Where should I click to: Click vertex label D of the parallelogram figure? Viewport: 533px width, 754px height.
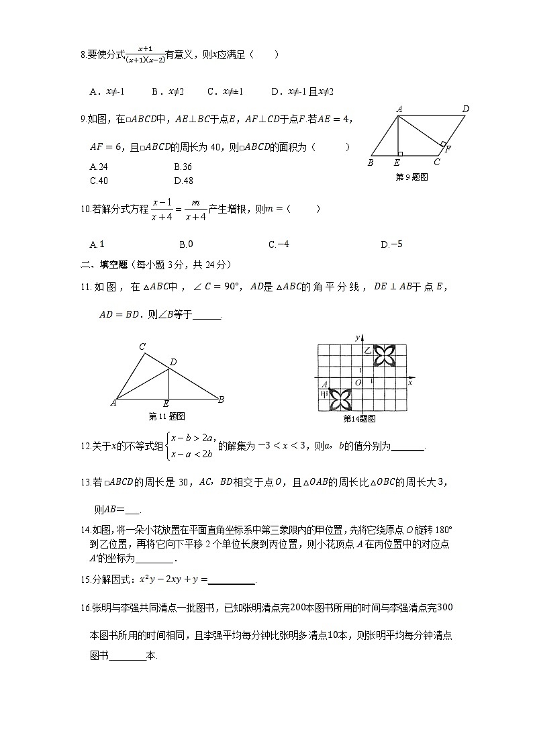(465, 109)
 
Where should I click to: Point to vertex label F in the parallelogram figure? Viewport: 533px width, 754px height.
(448, 148)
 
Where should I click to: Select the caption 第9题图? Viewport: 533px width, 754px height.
(411, 177)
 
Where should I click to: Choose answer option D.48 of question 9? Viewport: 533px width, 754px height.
(183, 180)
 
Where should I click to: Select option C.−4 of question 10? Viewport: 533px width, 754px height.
(279, 244)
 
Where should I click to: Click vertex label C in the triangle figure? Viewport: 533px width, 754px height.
(142, 347)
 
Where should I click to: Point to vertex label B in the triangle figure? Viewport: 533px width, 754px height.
(221, 400)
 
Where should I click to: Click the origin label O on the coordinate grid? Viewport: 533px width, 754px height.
(358, 383)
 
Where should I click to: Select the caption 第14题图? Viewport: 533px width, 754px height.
(359, 418)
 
